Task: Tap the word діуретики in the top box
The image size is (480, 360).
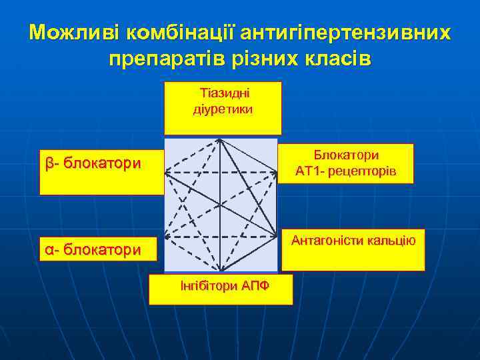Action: [223, 109]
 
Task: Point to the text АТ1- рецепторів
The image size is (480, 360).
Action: [347, 172]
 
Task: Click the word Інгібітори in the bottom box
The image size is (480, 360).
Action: [206, 286]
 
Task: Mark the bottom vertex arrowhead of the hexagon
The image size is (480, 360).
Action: [220, 270]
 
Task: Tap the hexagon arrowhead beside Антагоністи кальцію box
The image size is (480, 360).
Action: [275, 235]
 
